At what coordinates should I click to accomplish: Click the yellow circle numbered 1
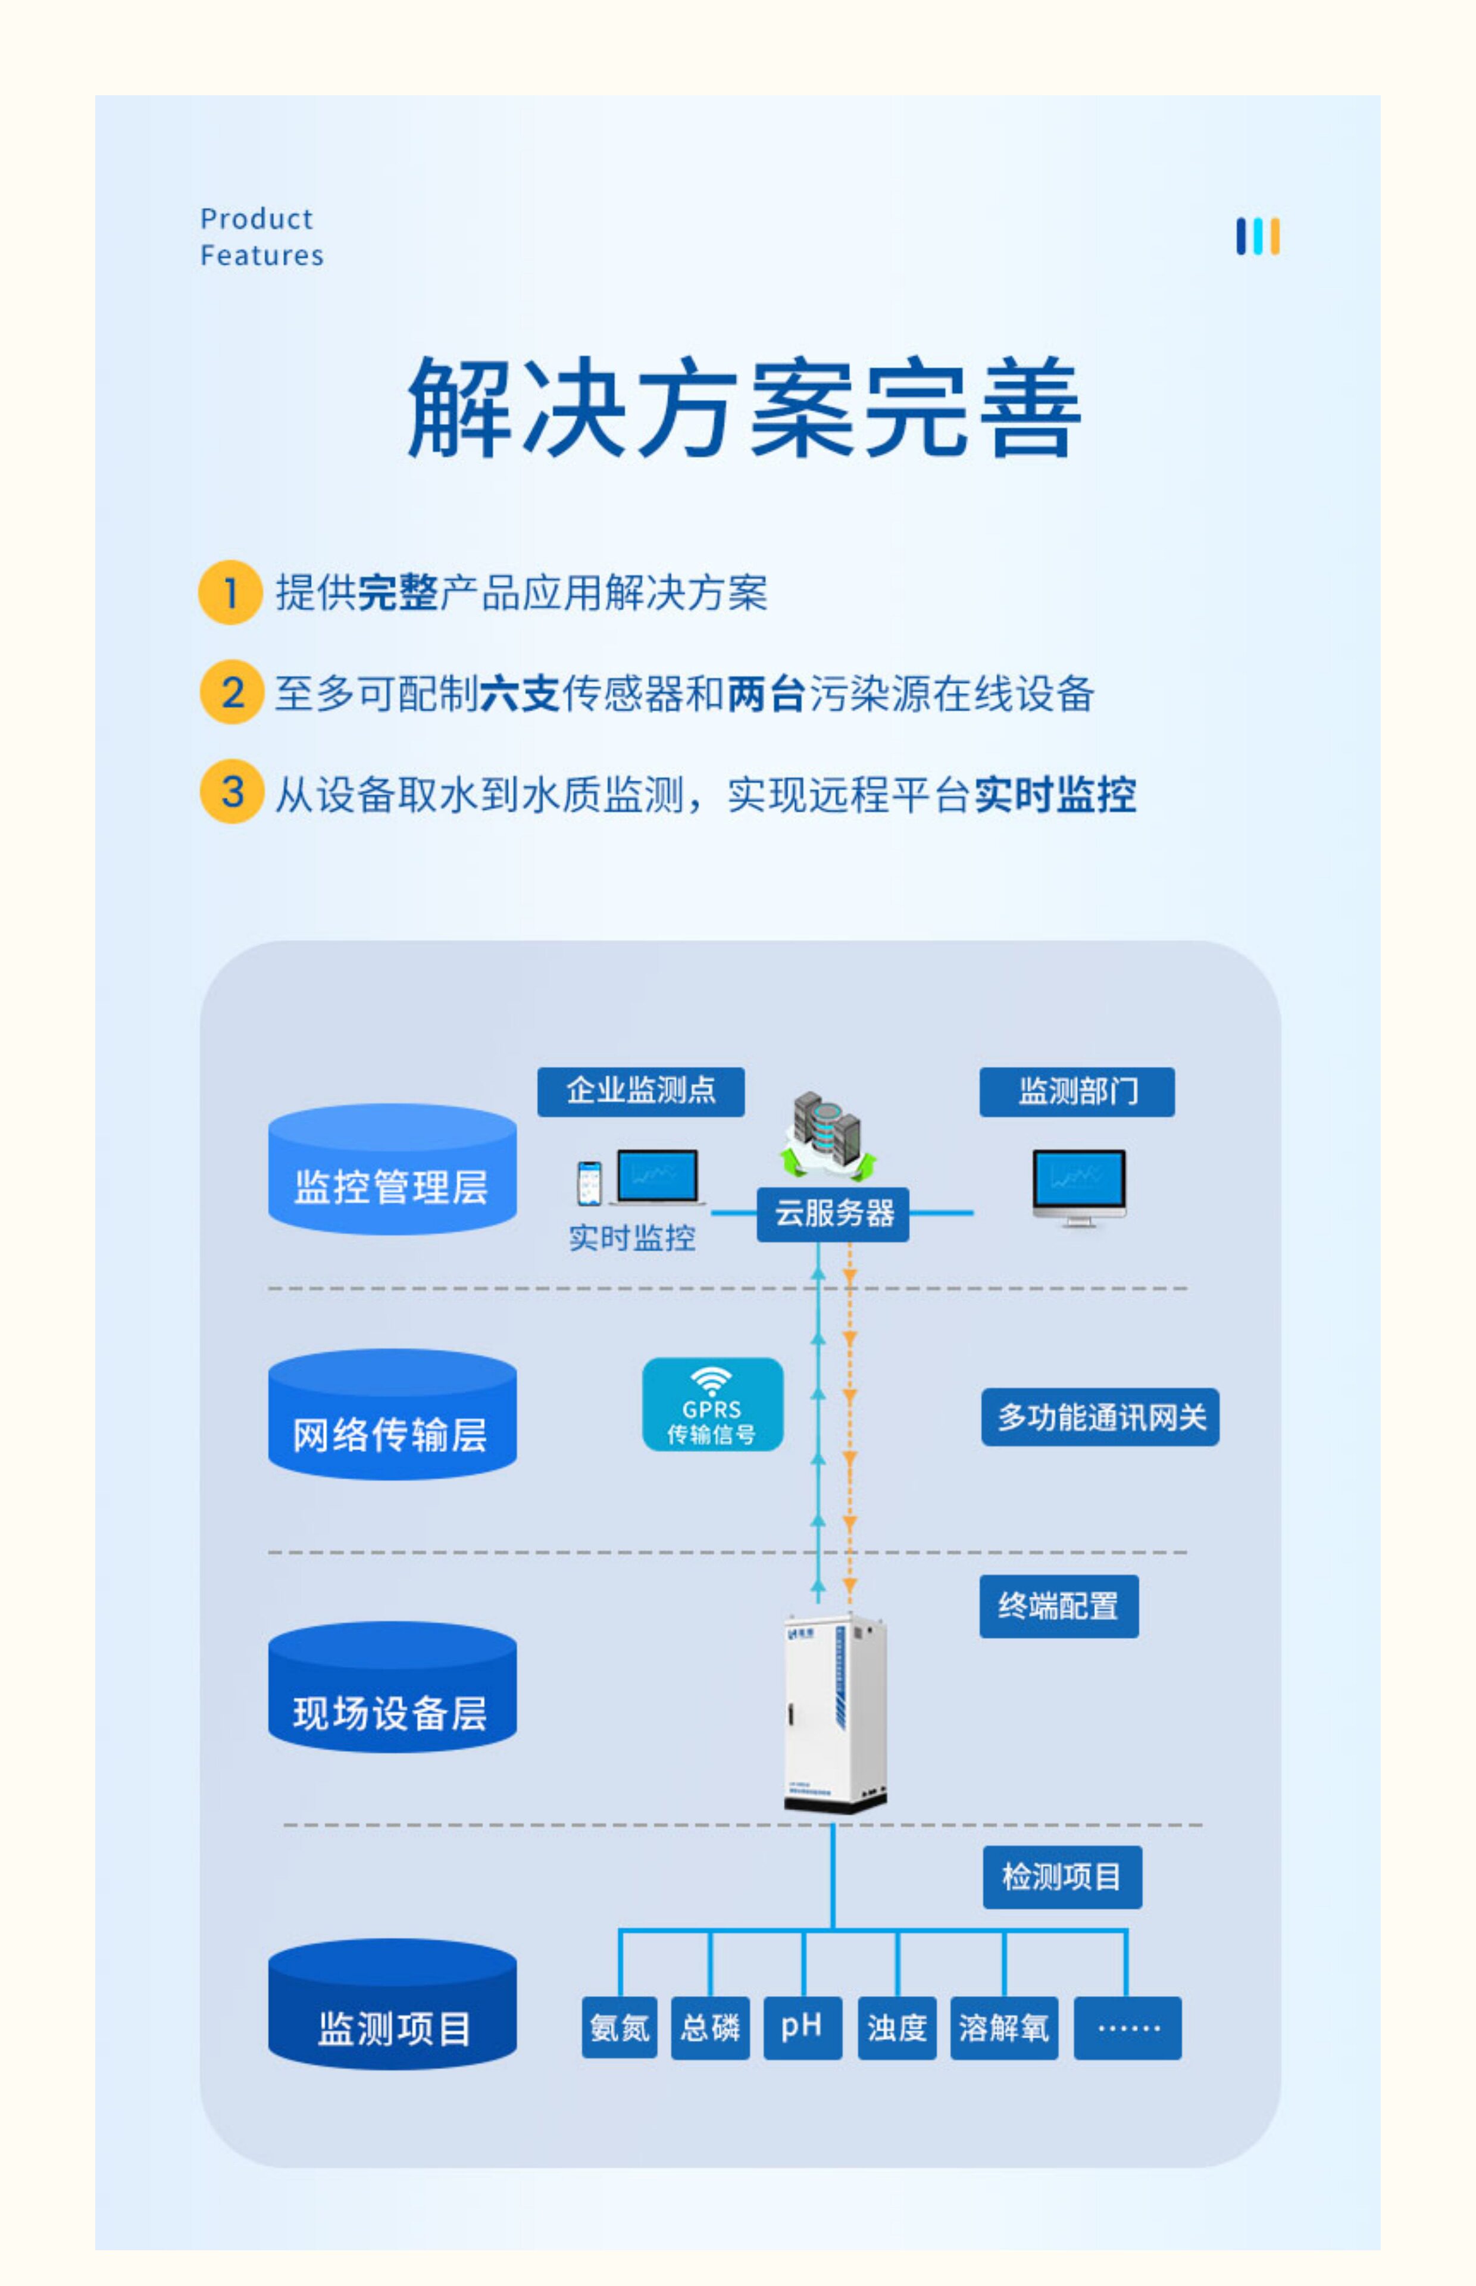(230, 592)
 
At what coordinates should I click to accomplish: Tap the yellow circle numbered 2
(231, 692)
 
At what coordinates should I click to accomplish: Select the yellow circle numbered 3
(231, 792)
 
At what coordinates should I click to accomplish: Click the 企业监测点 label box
(640, 1092)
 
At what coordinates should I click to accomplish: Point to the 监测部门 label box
(1076, 1092)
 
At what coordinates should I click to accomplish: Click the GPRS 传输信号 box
(712, 1404)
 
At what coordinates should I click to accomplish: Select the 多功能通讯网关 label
(1100, 1417)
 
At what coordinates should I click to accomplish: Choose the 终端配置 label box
(1059, 1606)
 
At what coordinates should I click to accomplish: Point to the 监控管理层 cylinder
(392, 1169)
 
